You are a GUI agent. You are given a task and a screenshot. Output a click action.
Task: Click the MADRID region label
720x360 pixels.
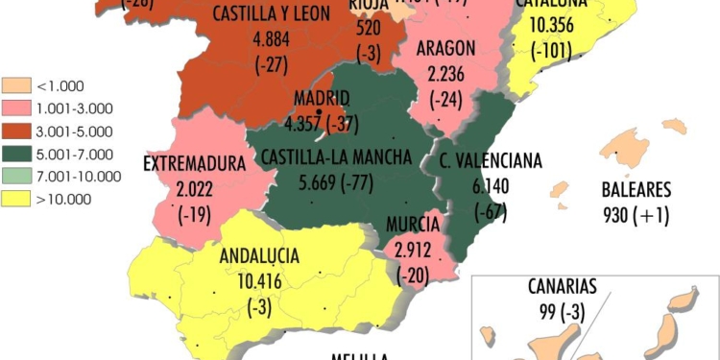coord(322,98)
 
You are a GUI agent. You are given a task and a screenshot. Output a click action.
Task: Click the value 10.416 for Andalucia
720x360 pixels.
coord(259,281)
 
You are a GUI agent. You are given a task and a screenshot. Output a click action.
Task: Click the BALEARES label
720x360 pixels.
coord(636,188)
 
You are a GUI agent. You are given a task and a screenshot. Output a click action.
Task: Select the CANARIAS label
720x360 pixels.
coord(562,285)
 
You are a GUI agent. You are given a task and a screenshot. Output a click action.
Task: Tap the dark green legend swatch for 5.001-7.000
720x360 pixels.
coord(16,154)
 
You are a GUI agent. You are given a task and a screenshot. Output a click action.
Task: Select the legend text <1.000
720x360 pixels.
coord(60,84)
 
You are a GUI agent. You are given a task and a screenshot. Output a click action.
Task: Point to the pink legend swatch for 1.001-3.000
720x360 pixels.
coord(16,108)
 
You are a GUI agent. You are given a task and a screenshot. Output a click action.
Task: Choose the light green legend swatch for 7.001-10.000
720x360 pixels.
coord(16,176)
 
